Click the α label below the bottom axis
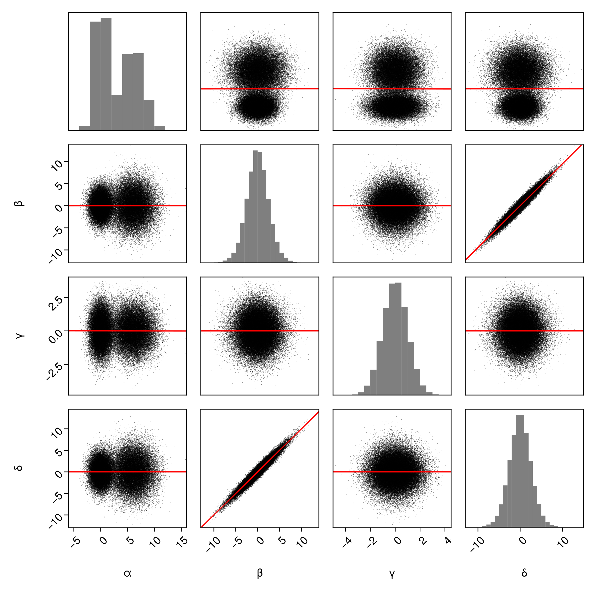(127, 573)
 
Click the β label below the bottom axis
(260, 573)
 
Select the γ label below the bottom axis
(392, 573)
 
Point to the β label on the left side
(19, 204)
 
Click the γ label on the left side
(19, 336)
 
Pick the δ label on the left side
(19, 468)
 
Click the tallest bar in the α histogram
(106, 74)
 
